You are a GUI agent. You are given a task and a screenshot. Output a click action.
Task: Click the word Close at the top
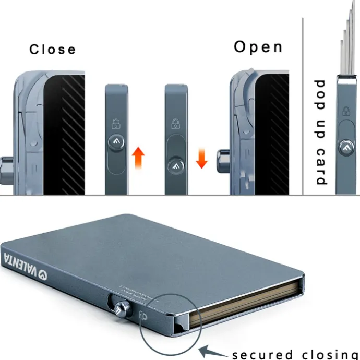[x=52, y=49]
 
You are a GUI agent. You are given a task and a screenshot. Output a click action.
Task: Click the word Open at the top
[x=258, y=47]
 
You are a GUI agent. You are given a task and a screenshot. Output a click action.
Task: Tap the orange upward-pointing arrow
[x=138, y=157]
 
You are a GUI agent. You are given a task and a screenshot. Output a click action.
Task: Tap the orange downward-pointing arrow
[x=202, y=157]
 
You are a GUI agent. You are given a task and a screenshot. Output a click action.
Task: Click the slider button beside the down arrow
[x=175, y=166]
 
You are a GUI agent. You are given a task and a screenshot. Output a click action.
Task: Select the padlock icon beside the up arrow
[x=115, y=124]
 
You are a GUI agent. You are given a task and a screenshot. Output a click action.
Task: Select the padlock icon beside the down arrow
[x=176, y=124]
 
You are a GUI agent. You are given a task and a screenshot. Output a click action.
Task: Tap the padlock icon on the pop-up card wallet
[x=345, y=111]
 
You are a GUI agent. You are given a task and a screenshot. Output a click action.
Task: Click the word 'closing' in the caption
[x=327, y=354]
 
